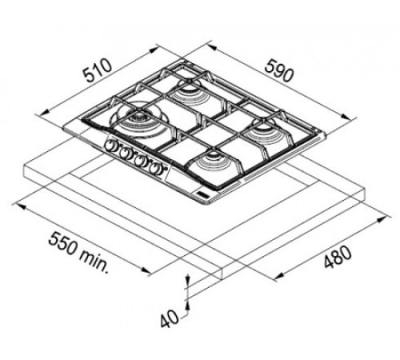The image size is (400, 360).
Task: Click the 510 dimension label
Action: pyautogui.click(x=98, y=70)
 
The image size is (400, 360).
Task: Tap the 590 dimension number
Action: pyautogui.click(x=279, y=70)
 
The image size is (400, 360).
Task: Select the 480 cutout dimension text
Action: pyautogui.click(x=338, y=257)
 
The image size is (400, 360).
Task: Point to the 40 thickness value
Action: pyautogui.click(x=170, y=319)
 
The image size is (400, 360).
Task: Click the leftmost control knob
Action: pyautogui.click(x=110, y=146)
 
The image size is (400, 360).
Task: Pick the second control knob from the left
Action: pyautogui.click(x=124, y=153)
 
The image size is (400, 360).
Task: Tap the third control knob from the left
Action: pyautogui.click(x=139, y=161)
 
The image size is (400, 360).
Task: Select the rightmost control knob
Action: pyautogui.click(x=155, y=168)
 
